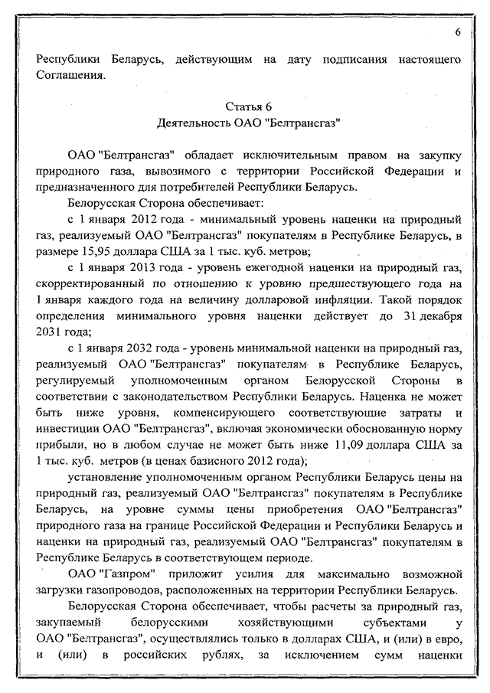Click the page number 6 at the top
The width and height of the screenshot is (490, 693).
click(456, 32)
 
